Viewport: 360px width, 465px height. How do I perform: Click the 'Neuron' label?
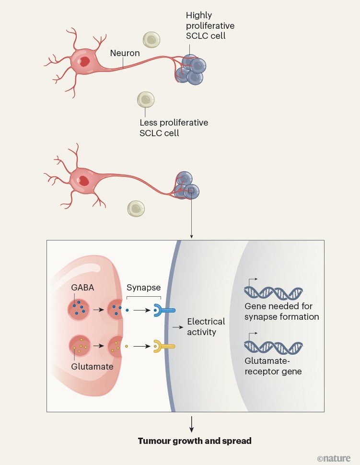125,53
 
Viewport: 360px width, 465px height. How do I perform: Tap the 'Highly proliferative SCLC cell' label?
210,26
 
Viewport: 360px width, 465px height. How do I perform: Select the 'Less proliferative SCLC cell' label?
174,128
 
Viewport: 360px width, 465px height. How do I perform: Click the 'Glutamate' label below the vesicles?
93,366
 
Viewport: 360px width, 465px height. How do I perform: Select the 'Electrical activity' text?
206,326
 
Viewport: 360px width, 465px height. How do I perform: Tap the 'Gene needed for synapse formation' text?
281,311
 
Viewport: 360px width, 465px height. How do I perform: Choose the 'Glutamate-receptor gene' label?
273,366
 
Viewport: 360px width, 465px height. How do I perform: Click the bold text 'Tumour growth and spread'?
194,441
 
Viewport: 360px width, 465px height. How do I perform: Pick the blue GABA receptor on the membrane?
158,310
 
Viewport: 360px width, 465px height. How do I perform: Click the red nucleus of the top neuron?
84,61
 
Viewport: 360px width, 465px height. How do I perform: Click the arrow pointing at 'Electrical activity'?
178,327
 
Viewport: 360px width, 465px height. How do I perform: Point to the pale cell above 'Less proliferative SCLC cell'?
146,99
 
